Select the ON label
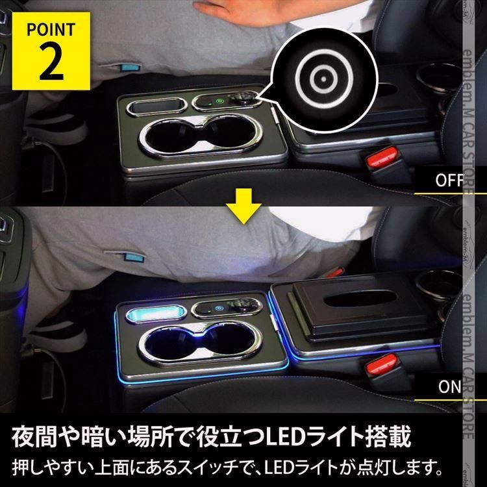coord(449,387)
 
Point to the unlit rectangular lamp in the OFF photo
coord(155,105)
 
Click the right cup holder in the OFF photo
coord(227,136)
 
